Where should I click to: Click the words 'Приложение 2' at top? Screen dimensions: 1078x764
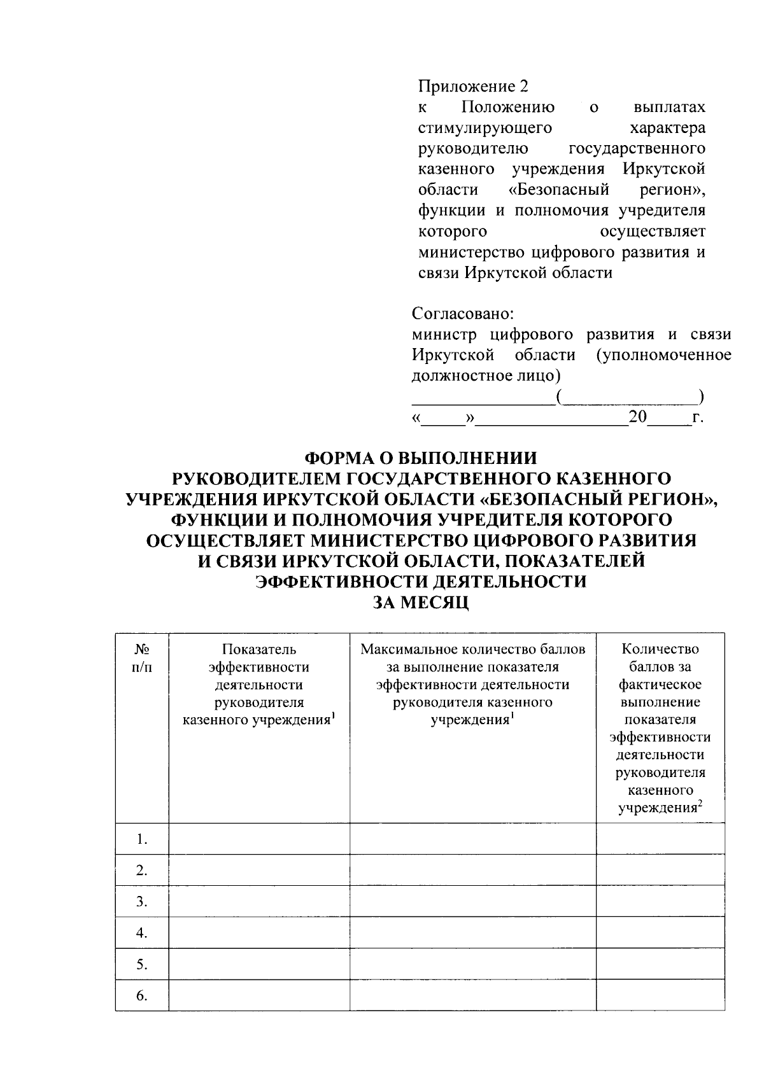pyautogui.click(x=473, y=87)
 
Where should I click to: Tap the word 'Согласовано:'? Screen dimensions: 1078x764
pyautogui.click(x=463, y=314)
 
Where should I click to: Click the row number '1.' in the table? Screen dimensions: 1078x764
pyautogui.click(x=142, y=839)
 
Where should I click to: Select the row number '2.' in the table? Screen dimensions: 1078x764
pyautogui.click(x=142, y=871)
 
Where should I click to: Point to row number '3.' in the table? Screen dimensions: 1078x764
pyautogui.click(x=142, y=902)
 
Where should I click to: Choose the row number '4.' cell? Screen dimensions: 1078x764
pyautogui.click(x=142, y=934)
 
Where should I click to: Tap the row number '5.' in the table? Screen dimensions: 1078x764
pyautogui.click(x=142, y=965)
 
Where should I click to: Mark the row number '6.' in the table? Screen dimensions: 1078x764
pyautogui.click(x=142, y=996)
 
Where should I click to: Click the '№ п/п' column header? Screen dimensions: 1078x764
pyautogui.click(x=142, y=658)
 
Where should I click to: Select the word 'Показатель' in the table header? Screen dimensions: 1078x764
pyautogui.click(x=259, y=650)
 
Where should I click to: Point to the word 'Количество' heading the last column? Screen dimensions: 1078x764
pyautogui.click(x=660, y=650)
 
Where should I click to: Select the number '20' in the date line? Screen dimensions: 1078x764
pyautogui.click(x=637, y=417)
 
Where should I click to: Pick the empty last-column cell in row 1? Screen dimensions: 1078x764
pyautogui.click(x=660, y=839)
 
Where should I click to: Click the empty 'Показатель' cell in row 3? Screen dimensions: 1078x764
pyautogui.click(x=259, y=902)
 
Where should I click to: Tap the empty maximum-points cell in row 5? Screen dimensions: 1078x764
pyautogui.click(x=473, y=965)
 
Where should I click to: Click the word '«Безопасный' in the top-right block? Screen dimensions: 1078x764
pyautogui.click(x=560, y=190)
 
